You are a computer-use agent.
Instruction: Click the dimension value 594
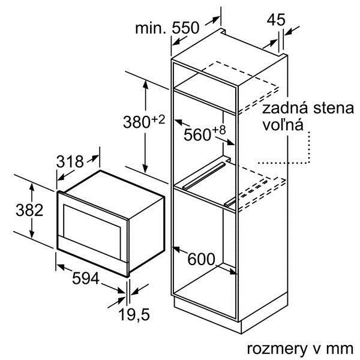point(86,278)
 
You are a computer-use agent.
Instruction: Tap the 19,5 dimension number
point(134,314)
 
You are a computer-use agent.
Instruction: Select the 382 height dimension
point(29,210)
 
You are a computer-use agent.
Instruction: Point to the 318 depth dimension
point(70,161)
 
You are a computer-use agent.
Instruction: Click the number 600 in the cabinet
point(202,259)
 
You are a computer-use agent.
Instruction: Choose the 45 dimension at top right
point(276,20)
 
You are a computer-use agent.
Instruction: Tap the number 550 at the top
point(185,28)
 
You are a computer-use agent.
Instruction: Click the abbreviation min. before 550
point(151,28)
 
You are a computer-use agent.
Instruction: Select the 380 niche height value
point(137,122)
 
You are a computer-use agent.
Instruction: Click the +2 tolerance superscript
point(158,119)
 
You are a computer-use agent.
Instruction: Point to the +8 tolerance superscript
point(219,130)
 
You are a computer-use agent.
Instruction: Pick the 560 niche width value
point(197,134)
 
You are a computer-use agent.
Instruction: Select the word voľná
point(283,125)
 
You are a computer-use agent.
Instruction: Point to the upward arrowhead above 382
point(32,188)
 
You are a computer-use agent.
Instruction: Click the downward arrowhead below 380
point(145,169)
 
